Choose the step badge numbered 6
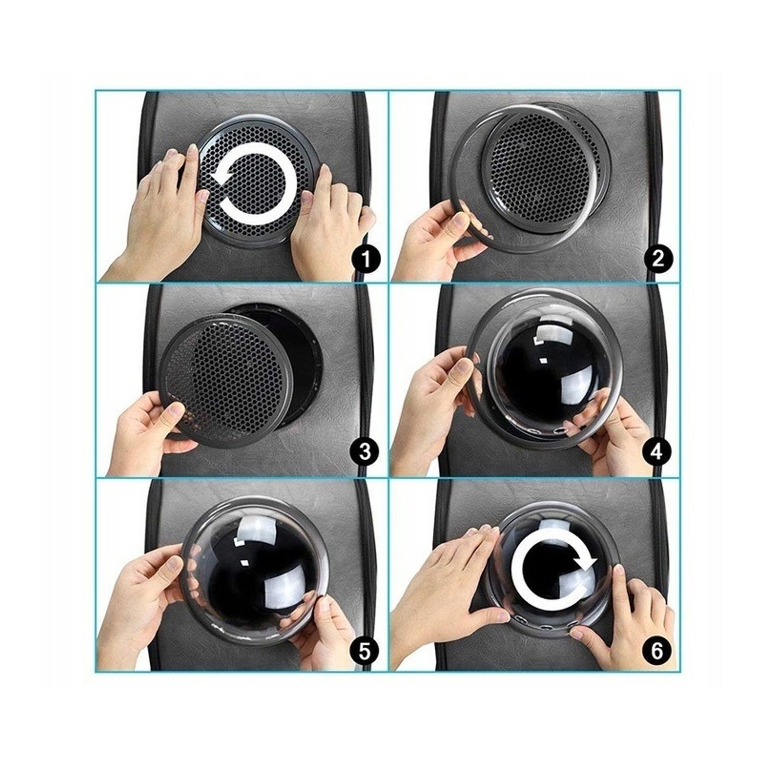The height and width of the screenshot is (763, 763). [x=657, y=650]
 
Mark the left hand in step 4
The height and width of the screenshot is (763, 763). [x=437, y=402]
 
